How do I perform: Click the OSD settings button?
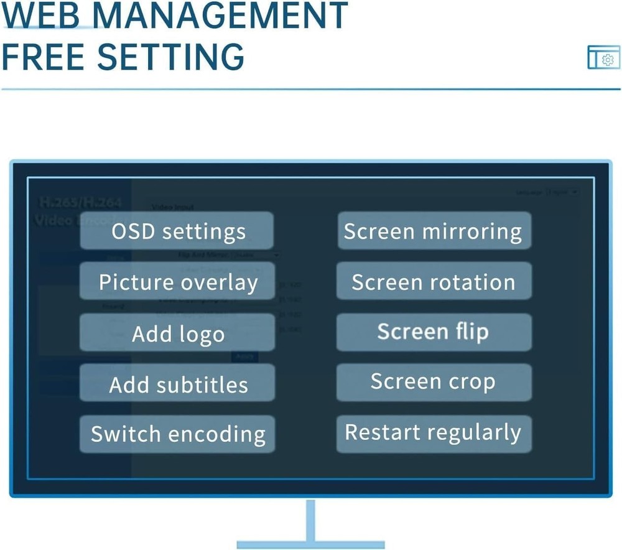[x=177, y=231]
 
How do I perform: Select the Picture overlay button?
[x=177, y=281]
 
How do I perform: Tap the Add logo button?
[x=177, y=333]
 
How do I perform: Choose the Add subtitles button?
[x=177, y=384]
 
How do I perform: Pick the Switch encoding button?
[x=177, y=434]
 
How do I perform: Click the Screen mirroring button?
[x=434, y=231]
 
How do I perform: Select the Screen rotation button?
[x=434, y=281]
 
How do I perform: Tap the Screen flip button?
[x=434, y=332]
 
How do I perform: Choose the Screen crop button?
[x=434, y=382]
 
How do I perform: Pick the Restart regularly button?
[x=434, y=433]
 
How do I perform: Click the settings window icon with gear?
[x=603, y=58]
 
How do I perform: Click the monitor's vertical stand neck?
[x=310, y=520]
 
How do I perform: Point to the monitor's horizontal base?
[x=310, y=545]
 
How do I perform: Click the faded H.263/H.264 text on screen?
[x=80, y=203]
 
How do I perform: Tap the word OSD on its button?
[x=133, y=231]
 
